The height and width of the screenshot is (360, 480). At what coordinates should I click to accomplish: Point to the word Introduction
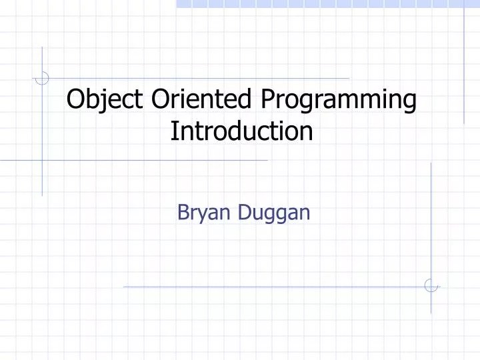(x=241, y=131)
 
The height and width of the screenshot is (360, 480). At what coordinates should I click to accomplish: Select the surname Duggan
(x=273, y=214)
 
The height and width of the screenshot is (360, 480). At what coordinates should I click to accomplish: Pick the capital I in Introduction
(x=173, y=131)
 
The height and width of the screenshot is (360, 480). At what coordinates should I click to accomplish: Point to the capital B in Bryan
(x=183, y=213)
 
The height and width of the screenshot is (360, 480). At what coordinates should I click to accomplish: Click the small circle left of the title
(x=42, y=79)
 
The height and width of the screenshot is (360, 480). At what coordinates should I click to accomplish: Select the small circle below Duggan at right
(x=431, y=286)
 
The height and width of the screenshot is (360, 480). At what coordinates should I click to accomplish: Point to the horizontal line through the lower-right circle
(x=267, y=287)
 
